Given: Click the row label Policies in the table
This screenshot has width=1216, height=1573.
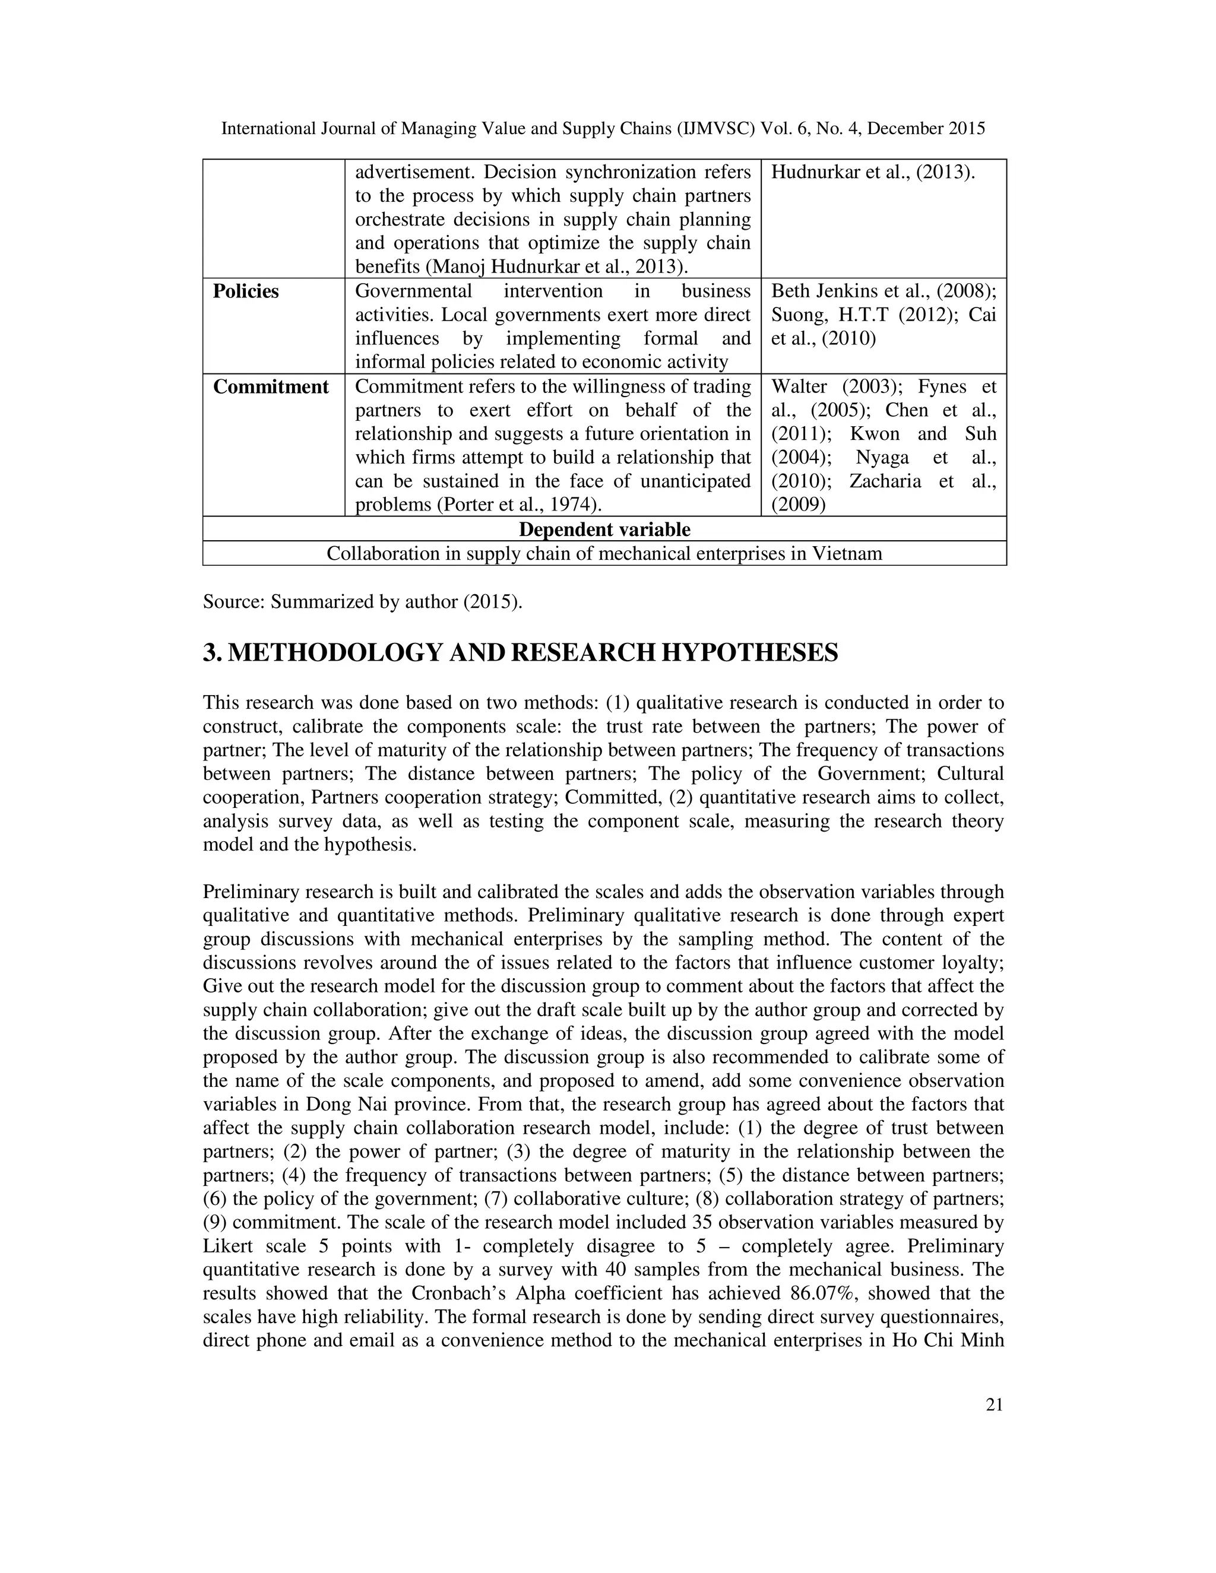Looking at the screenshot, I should [246, 291].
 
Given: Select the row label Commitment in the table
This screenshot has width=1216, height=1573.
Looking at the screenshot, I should [271, 387].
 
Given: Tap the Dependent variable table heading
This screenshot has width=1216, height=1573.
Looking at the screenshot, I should [604, 529].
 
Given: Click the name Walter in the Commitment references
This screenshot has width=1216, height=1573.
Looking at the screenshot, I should [800, 387].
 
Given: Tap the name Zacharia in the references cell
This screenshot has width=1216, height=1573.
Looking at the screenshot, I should [885, 481].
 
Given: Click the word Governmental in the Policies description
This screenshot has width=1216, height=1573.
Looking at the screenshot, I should [413, 291].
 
